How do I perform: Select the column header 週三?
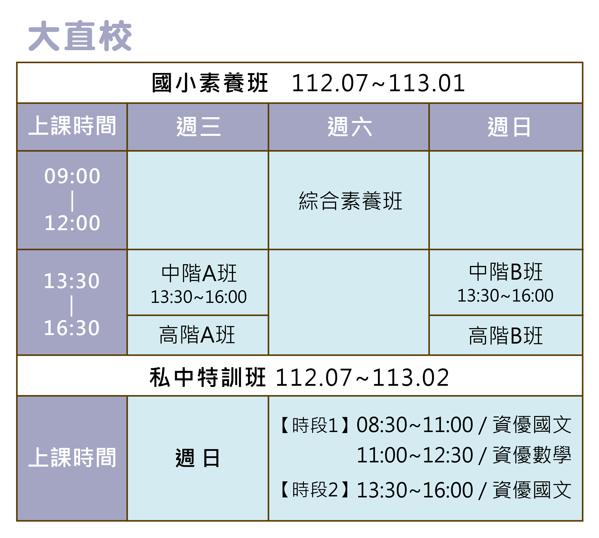point(198,127)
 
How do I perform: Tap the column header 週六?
point(350,127)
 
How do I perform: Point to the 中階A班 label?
point(199,273)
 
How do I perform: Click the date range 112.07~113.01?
point(378,83)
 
